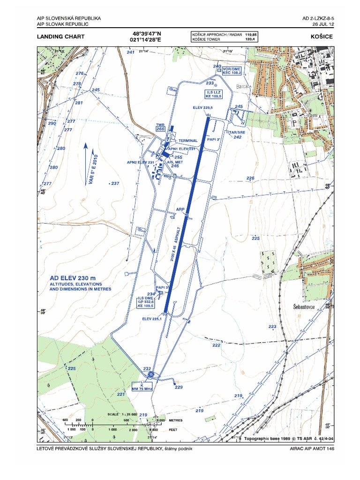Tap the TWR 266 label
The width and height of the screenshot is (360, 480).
click(x=161, y=127)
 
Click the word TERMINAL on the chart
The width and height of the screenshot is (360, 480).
click(x=188, y=141)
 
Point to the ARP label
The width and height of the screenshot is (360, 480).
click(x=180, y=210)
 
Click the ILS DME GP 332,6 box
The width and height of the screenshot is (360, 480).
click(x=146, y=302)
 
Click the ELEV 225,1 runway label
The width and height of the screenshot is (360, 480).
click(x=152, y=319)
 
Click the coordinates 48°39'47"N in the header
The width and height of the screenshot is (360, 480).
click(x=148, y=34)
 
